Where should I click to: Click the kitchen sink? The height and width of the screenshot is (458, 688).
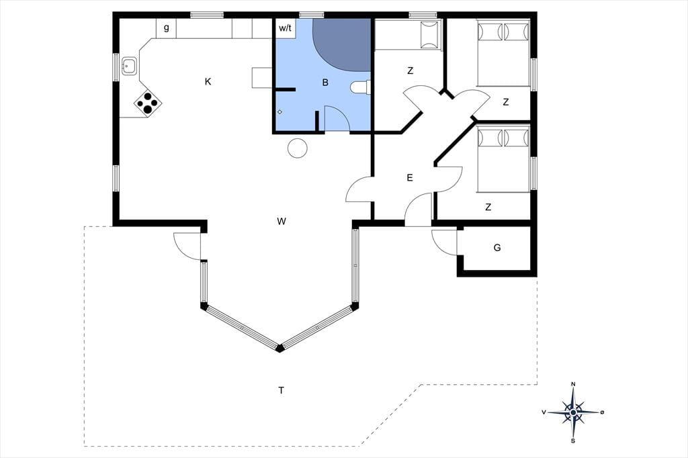click(129, 66)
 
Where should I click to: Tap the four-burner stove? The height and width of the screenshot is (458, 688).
click(148, 103)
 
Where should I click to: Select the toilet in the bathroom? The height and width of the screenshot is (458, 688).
click(360, 87)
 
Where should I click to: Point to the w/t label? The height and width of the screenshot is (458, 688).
click(285, 28)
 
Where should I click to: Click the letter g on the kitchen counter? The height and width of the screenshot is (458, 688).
click(167, 28)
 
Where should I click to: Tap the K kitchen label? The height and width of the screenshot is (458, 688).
click(208, 81)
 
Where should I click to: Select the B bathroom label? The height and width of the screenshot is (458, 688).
click(325, 83)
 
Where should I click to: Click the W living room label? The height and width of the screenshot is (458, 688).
click(282, 221)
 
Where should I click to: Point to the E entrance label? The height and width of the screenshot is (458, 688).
click(410, 178)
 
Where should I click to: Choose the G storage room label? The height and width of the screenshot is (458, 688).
click(497, 248)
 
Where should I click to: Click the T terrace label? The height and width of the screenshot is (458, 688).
click(281, 390)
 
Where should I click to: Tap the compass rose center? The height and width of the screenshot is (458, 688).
click(573, 412)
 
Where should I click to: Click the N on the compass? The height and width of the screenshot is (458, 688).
click(573, 384)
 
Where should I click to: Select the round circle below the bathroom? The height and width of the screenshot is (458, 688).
click(298, 148)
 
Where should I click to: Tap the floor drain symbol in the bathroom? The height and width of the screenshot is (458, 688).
click(280, 112)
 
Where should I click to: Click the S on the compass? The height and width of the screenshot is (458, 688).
click(573, 441)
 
